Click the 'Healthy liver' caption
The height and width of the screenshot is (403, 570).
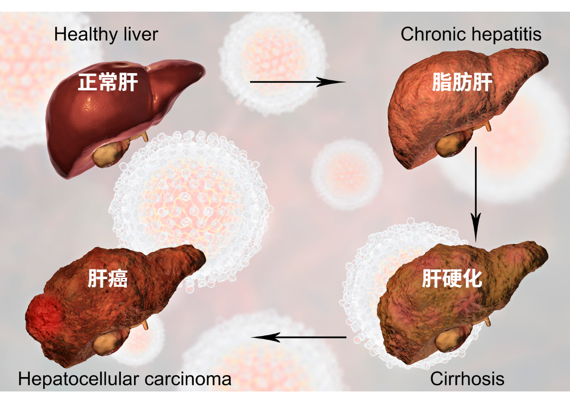(x=106, y=35)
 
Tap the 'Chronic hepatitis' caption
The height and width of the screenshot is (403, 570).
(x=471, y=35)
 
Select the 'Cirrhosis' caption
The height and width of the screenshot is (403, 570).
(x=467, y=379)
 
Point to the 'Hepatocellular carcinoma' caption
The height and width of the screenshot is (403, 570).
(x=125, y=379)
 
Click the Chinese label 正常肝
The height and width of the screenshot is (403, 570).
(x=108, y=82)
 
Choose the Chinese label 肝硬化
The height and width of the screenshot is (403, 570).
(x=452, y=278)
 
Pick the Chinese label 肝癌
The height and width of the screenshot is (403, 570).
(x=108, y=279)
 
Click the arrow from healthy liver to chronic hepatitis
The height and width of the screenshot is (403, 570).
(x=297, y=82)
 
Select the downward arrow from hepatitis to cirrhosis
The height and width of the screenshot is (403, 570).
(x=475, y=193)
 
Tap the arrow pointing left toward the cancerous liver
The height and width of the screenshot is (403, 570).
(x=299, y=337)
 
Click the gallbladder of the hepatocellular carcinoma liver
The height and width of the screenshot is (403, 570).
(x=107, y=345)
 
